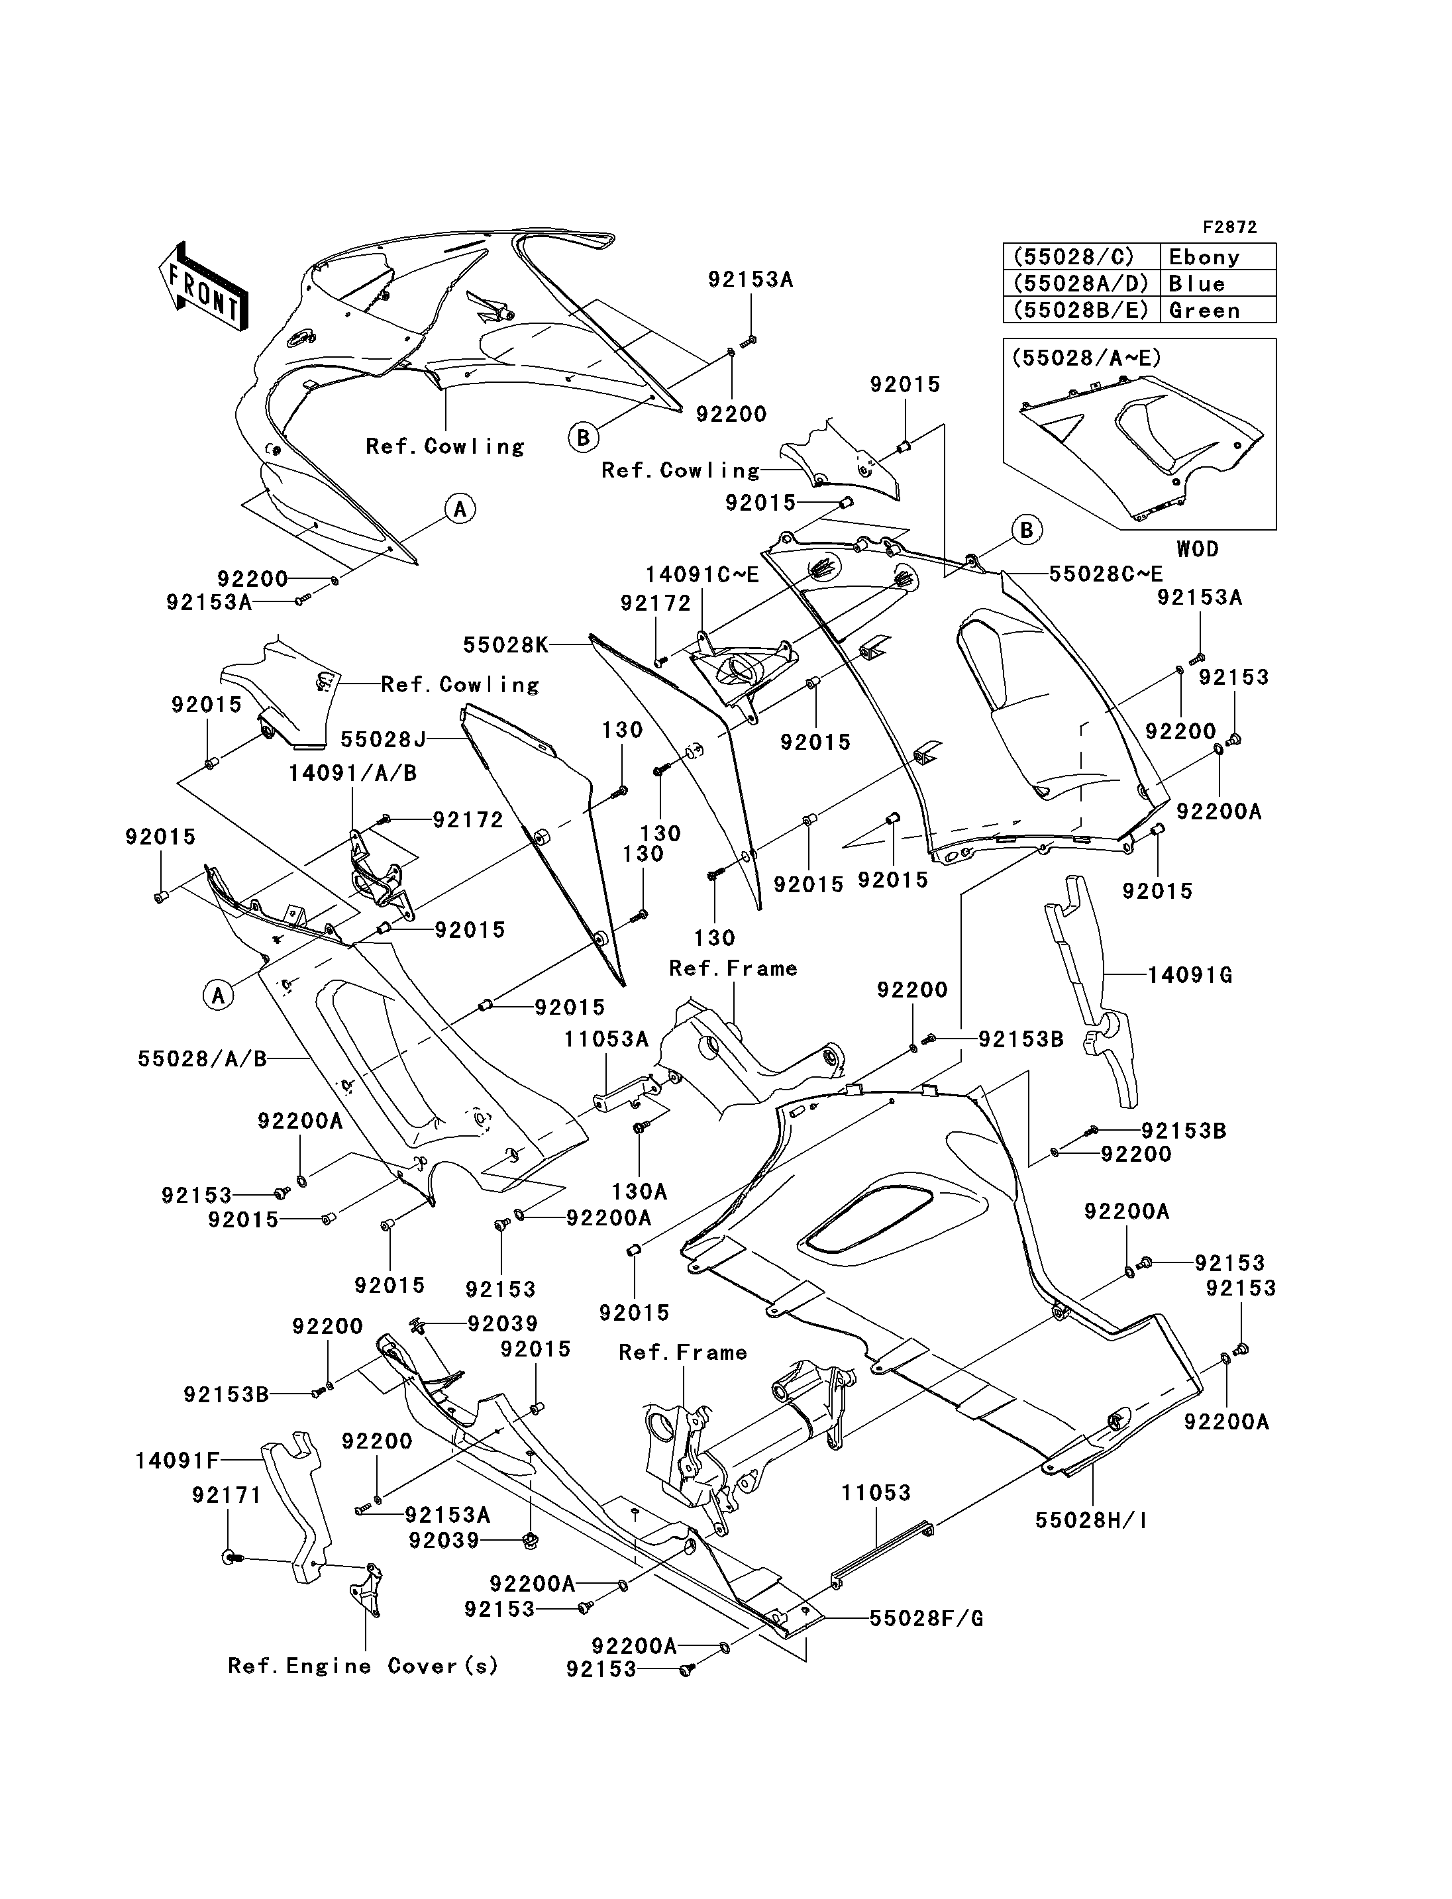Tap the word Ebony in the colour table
(x=1204, y=258)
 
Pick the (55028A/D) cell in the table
(x=1080, y=284)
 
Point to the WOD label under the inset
(x=1197, y=549)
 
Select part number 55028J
(x=384, y=739)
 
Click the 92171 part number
(x=227, y=1494)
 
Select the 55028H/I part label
(x=1091, y=1519)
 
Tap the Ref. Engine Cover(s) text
(x=363, y=1666)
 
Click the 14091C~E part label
(x=701, y=575)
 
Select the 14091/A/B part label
(x=352, y=773)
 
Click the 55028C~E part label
(x=1106, y=574)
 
